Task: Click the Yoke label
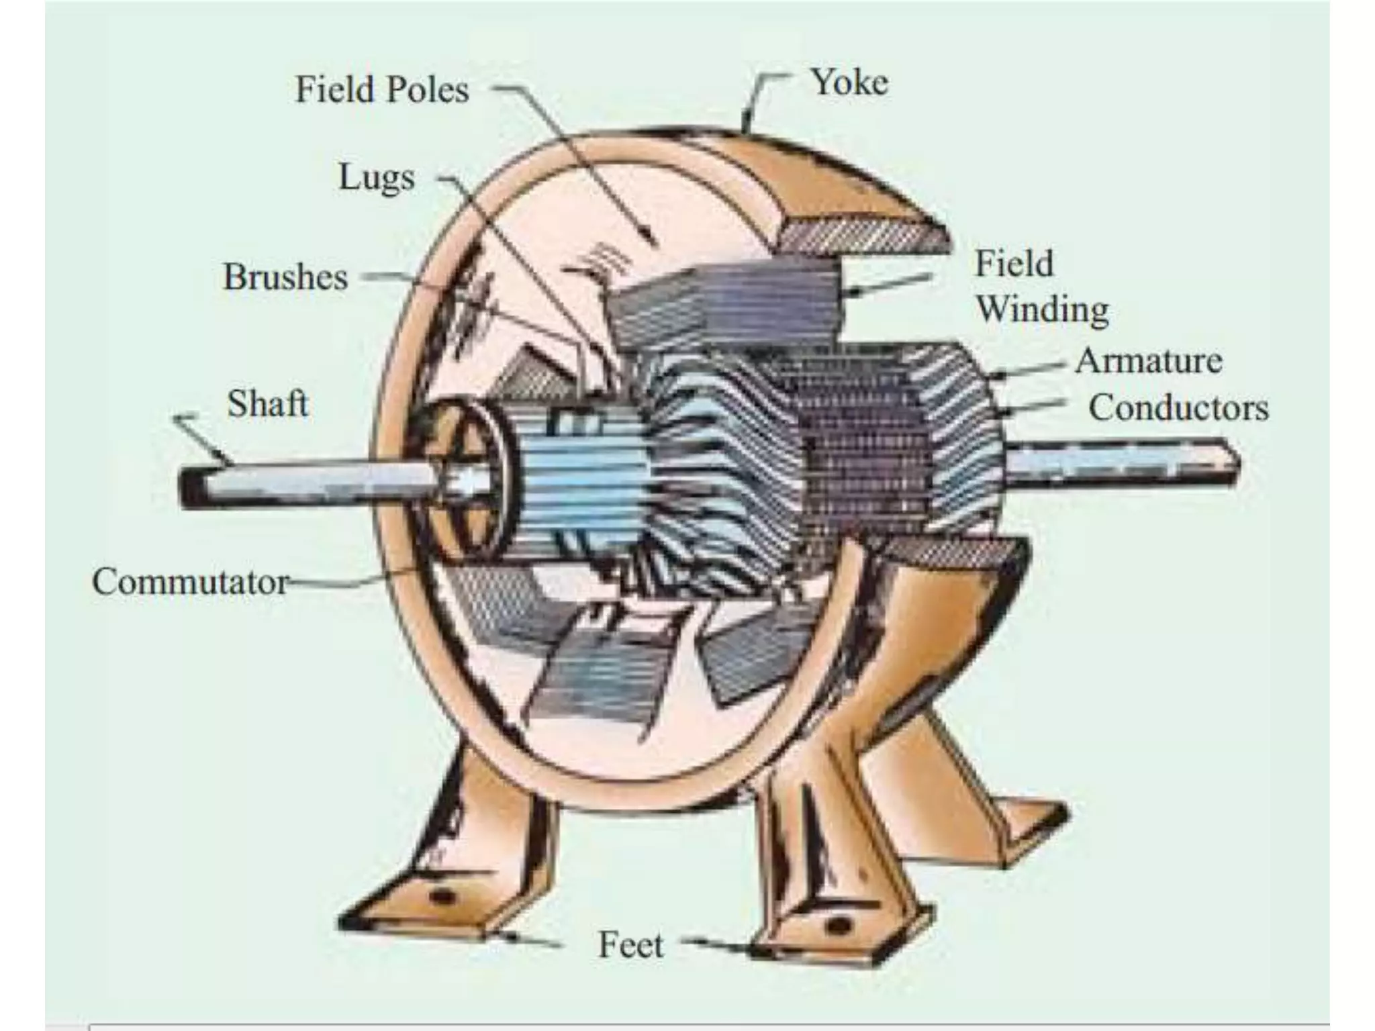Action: tap(849, 83)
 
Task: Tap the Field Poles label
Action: tap(382, 90)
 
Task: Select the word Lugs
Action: tap(377, 178)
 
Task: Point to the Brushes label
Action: tap(286, 277)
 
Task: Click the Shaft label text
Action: tap(268, 404)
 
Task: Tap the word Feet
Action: tap(630, 945)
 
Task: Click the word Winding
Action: tap(1042, 309)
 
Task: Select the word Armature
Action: tap(1148, 361)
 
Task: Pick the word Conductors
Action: tap(1178, 408)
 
